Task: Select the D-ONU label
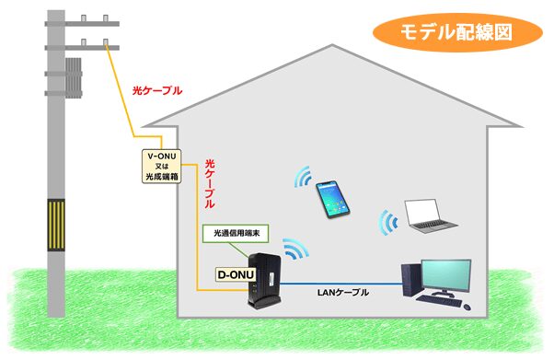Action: click(235, 273)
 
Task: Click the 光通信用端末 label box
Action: click(237, 232)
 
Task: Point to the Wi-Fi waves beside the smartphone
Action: click(301, 179)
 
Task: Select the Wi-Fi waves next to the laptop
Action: click(388, 221)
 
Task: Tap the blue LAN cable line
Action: click(340, 284)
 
